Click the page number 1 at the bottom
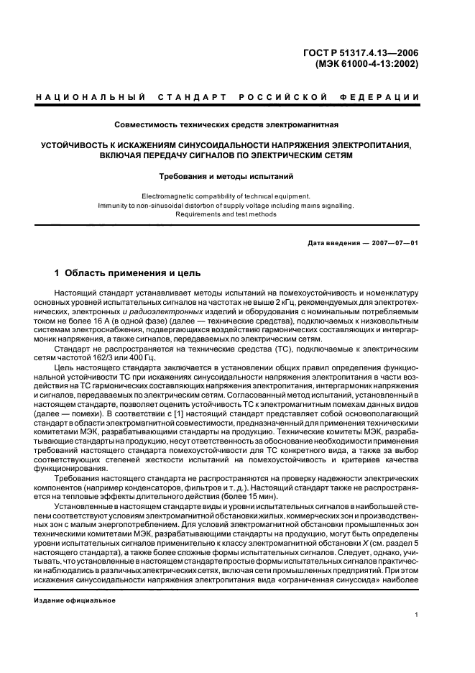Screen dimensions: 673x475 point(417,615)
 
